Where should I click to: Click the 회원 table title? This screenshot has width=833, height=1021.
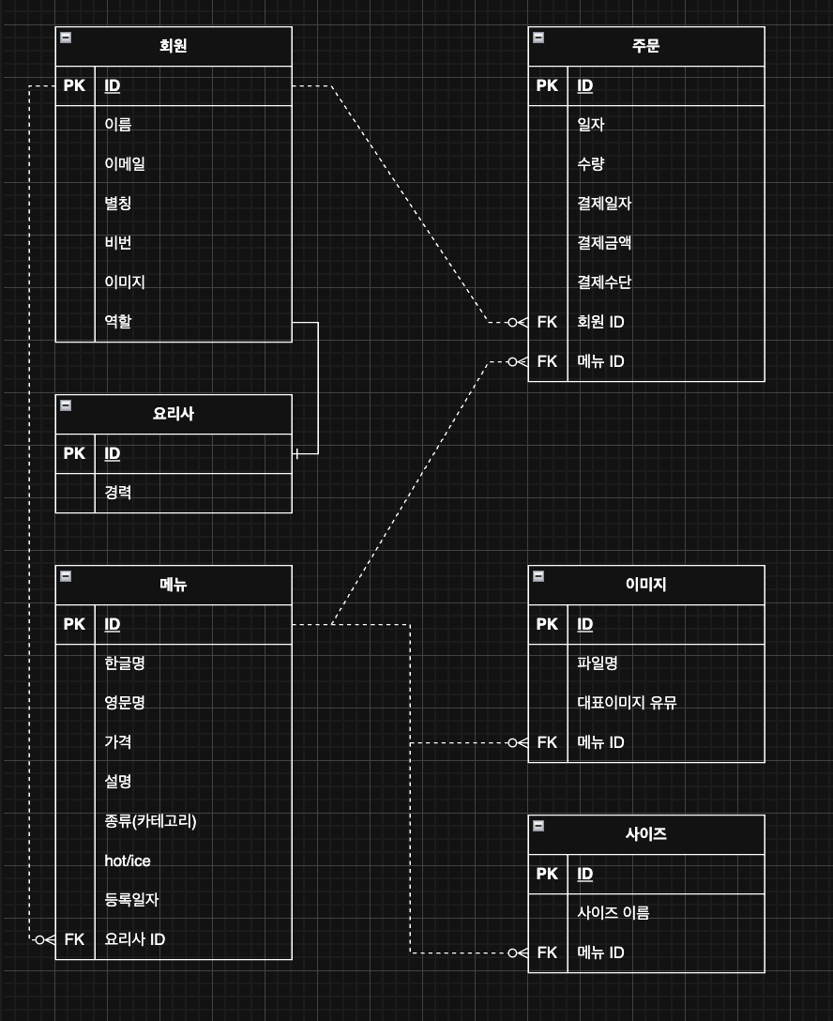pyautogui.click(x=174, y=45)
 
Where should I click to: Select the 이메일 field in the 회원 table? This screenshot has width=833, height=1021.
pyautogui.click(x=125, y=163)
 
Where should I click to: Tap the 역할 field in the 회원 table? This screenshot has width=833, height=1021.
pyautogui.click(x=118, y=321)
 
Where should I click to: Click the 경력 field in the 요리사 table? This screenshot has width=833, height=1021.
pyautogui.click(x=118, y=492)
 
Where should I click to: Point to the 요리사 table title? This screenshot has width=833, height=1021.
pyautogui.click(x=174, y=413)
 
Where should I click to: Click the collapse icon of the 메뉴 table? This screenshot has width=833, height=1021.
pyautogui.click(x=66, y=576)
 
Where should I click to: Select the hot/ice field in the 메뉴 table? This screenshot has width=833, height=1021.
pyautogui.click(x=128, y=861)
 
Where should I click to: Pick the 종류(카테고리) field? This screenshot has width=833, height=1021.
pyautogui.click(x=150, y=821)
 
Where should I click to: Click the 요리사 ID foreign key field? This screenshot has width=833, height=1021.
pyautogui.click(x=135, y=938)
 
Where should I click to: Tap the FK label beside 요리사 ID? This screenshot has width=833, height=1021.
pyautogui.click(x=75, y=938)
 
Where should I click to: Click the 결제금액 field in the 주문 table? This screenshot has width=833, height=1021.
pyautogui.click(x=604, y=242)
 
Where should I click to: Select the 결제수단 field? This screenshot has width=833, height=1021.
pyautogui.click(x=604, y=282)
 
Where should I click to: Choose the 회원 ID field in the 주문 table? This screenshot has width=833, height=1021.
pyautogui.click(x=600, y=322)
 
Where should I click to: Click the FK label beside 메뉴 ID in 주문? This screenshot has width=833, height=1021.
pyautogui.click(x=548, y=361)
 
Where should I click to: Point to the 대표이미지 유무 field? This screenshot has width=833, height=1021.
pyautogui.click(x=627, y=702)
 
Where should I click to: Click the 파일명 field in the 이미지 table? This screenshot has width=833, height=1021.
pyautogui.click(x=598, y=663)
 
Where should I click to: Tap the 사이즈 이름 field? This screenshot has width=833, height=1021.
pyautogui.click(x=613, y=912)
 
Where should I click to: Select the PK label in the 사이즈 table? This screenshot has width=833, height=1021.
pyautogui.click(x=548, y=874)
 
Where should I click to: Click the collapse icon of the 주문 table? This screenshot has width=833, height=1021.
pyautogui.click(x=538, y=38)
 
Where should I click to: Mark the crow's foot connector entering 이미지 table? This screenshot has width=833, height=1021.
pyautogui.click(x=517, y=742)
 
